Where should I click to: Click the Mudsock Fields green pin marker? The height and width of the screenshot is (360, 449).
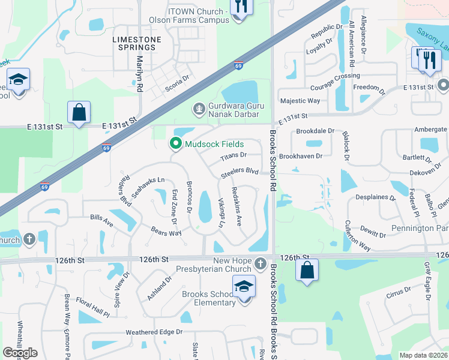(x=176, y=144)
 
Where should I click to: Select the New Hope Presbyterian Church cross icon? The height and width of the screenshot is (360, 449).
(x=260, y=263)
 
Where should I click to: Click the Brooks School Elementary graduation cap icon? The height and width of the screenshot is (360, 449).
(x=244, y=287)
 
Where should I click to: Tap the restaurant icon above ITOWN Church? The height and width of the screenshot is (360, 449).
(x=241, y=7)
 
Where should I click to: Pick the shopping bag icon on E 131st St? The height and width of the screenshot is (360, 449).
(x=79, y=112)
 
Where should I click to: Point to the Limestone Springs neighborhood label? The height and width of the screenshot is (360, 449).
(x=137, y=43)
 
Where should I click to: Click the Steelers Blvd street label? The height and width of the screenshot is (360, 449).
(x=240, y=171)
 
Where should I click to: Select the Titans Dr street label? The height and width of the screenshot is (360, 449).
(x=234, y=155)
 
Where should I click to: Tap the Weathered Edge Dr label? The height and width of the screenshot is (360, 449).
(x=154, y=332)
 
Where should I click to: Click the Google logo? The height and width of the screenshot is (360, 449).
(x=20, y=353)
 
